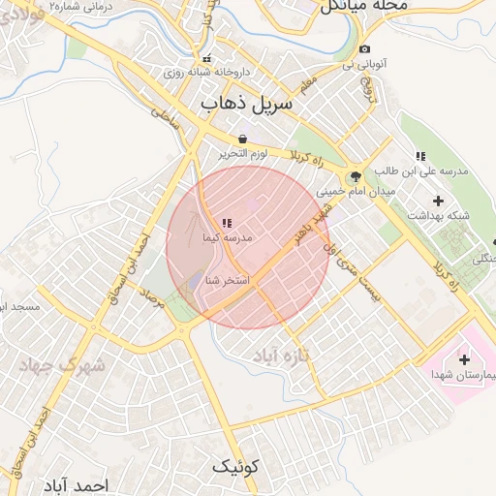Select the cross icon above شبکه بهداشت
click(438, 201)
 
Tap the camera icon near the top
click(364, 49)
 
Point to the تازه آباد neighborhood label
click(279, 356)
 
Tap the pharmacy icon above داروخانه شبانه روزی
click(206, 58)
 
